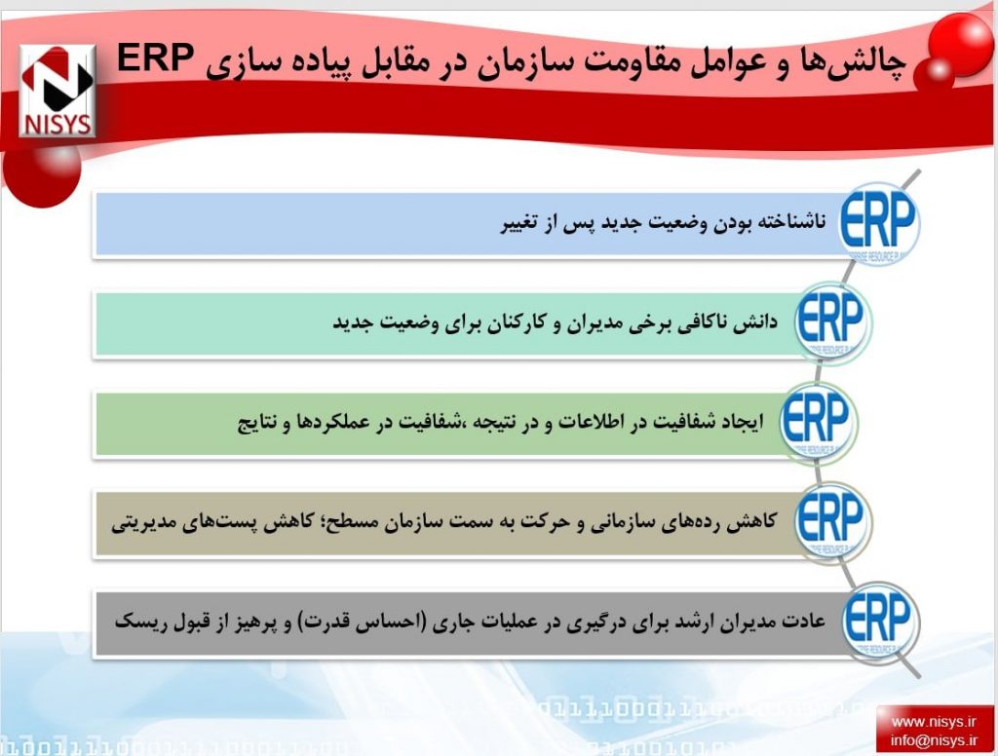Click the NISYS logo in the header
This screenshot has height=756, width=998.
pos(58,91)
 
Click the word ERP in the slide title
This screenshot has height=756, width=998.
pos(156,59)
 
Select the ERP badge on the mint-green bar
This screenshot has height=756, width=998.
pos(832,321)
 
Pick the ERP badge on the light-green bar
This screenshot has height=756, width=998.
pos(819,421)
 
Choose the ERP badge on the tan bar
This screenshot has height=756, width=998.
pos(832,520)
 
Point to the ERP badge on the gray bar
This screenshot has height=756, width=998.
pos(880,620)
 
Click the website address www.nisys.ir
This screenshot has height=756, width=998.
pos(933,722)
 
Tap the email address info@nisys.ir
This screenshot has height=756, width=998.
pos(933,740)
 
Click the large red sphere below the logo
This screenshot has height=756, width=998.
pos(42,171)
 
